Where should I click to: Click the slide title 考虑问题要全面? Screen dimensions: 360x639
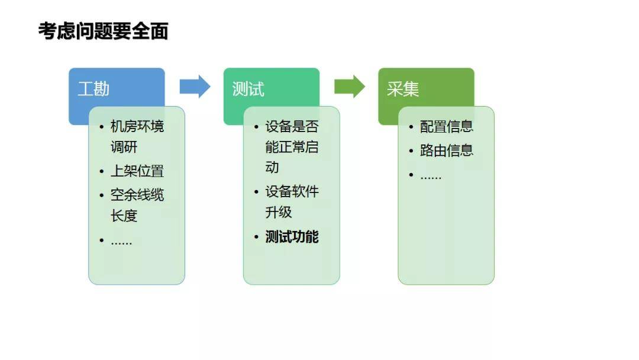point(103,31)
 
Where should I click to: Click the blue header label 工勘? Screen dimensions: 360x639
point(93,89)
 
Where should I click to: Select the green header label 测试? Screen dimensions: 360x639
point(248,89)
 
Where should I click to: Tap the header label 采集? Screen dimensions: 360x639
point(403,89)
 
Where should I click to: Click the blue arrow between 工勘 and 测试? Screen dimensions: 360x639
point(195,86)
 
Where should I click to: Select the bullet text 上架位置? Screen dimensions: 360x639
point(137,172)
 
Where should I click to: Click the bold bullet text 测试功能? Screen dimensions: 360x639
point(292,237)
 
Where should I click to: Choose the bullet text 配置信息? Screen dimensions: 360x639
point(447,127)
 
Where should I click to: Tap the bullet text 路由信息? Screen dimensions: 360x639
point(447,150)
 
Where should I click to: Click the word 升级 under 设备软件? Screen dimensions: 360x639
point(279,213)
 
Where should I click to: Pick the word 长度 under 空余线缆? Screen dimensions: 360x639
point(124,216)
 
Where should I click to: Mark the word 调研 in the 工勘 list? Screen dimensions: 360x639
point(124,147)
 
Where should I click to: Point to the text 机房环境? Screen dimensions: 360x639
point(137,127)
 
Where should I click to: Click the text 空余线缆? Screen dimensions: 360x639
point(137,195)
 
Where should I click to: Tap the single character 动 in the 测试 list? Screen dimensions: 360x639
point(272,168)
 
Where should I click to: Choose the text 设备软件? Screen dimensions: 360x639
point(292,192)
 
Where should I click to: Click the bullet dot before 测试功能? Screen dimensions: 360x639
point(256,237)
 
